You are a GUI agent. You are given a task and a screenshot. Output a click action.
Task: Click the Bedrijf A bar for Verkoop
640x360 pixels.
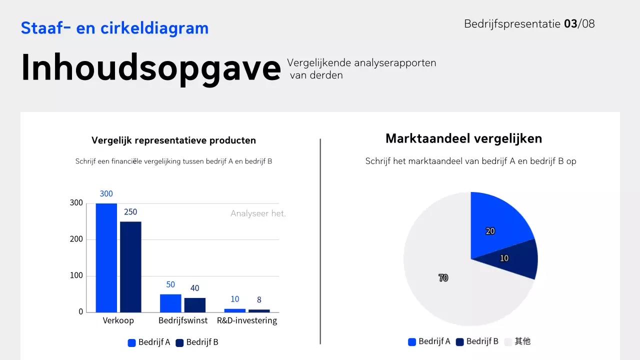[106, 257]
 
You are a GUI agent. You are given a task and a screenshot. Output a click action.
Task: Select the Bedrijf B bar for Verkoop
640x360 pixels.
[130, 267]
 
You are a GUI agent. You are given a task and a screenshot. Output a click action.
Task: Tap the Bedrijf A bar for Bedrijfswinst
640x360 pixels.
[170, 303]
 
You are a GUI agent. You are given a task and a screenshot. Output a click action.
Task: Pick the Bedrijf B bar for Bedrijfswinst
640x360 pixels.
[195, 305]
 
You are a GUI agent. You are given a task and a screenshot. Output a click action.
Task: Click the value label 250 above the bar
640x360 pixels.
[130, 212]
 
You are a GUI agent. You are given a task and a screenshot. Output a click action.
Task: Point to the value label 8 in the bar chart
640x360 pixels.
[259, 300]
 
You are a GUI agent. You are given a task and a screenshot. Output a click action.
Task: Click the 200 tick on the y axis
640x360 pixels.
[76, 239]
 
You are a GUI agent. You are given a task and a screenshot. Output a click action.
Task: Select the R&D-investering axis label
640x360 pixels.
[247, 320]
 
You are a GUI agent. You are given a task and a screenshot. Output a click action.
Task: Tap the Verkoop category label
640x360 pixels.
[118, 320]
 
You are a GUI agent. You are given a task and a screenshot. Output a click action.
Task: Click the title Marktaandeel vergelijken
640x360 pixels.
[463, 138]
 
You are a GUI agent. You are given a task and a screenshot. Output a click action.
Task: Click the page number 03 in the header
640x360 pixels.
[570, 23]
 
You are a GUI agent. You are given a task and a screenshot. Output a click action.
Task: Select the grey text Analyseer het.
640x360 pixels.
[258, 213]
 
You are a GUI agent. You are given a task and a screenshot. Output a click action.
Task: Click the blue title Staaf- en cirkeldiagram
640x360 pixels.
[114, 28]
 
